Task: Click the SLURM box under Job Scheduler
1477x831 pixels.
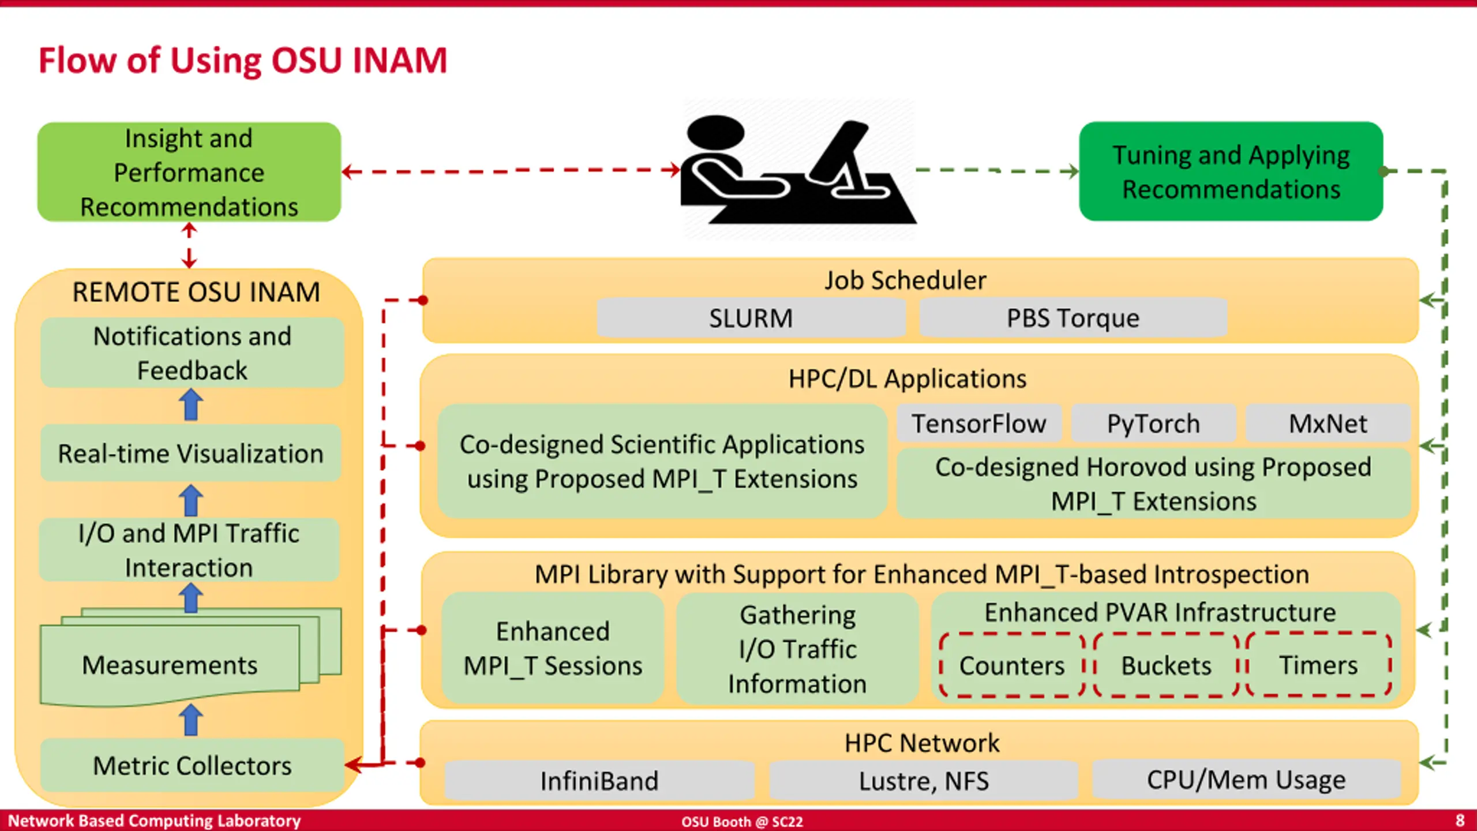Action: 751,317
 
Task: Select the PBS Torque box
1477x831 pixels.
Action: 1073,317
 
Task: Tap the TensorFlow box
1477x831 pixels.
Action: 979,424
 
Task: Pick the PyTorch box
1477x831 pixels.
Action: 1153,424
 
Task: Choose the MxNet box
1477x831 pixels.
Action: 1328,424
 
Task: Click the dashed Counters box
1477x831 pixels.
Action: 1012,665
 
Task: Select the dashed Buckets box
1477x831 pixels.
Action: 1166,665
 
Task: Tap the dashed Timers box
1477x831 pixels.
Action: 1319,665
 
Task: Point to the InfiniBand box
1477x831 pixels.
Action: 599,780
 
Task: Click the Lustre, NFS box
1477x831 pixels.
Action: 924,780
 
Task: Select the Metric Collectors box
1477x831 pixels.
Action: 192,765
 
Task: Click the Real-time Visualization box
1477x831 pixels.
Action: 190,453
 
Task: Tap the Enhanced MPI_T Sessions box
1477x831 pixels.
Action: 553,648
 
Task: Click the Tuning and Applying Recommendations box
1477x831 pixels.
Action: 1231,171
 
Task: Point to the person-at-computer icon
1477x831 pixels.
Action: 799,170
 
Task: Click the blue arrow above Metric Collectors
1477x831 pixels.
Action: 191,720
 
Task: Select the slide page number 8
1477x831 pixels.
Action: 1460,820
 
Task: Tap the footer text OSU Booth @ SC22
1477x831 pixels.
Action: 742,821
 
